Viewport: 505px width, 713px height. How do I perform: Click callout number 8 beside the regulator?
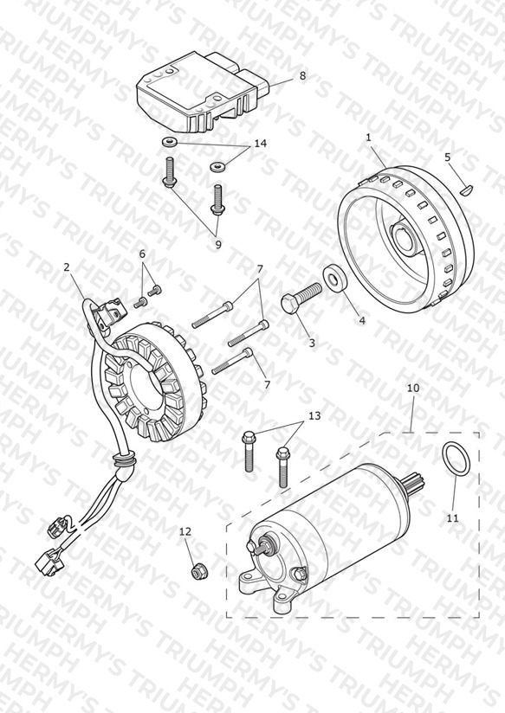tap(303, 75)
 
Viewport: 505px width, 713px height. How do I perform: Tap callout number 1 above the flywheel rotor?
tap(369, 138)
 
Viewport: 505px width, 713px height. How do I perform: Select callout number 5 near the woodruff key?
tap(447, 157)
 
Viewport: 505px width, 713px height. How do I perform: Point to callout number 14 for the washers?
tap(260, 144)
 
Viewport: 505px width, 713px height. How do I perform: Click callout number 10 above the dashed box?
tap(413, 389)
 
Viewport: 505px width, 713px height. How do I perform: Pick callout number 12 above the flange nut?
tap(185, 531)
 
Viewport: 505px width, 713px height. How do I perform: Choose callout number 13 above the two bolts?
tap(314, 415)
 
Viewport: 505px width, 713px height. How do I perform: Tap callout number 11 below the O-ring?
tap(452, 518)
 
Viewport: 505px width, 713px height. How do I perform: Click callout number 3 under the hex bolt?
tap(312, 343)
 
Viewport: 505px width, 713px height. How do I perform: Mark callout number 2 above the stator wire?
tap(67, 267)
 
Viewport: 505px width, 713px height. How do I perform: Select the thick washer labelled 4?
tap(333, 279)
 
